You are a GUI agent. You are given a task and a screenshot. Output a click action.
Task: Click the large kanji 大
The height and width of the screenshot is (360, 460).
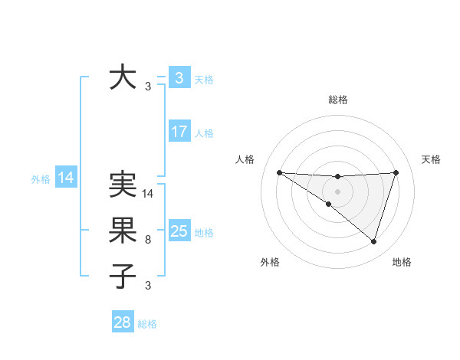123,77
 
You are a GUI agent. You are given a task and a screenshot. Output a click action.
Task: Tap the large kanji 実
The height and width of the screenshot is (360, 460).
123,185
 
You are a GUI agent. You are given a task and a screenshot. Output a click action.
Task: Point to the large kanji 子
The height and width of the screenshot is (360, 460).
123,277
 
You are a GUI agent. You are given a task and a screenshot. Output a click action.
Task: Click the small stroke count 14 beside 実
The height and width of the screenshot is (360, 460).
148,194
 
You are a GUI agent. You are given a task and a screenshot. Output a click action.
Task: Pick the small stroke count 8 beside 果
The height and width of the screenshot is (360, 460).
148,240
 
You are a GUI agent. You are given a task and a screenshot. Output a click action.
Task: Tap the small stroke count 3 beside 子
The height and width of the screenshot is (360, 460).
148,286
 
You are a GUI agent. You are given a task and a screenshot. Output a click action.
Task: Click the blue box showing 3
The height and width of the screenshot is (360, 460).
179,77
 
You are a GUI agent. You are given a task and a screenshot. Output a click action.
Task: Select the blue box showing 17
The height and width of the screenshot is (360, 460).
179,131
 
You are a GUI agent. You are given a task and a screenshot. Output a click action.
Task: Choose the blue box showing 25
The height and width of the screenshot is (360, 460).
179,231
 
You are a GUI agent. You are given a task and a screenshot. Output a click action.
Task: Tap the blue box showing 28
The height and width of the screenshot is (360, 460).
123,322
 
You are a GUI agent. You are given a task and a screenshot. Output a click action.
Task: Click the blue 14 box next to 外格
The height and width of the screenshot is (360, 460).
66,178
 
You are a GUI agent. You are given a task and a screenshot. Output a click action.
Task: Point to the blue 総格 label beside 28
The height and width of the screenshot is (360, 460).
147,324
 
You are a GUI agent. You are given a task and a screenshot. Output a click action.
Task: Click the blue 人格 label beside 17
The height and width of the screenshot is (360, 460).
204,133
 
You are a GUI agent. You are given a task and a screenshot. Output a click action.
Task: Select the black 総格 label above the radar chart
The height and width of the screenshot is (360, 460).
337,100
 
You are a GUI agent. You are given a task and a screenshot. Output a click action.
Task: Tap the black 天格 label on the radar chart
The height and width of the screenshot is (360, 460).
432,159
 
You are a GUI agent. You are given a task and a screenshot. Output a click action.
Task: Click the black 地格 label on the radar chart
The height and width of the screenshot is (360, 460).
402,262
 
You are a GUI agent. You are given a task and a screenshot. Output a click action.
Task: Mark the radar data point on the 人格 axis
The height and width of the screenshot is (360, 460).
279,172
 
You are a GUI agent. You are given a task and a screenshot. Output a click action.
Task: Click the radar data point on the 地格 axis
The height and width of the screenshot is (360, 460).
373,241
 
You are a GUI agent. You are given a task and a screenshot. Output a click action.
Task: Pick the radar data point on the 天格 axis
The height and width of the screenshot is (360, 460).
396,172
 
